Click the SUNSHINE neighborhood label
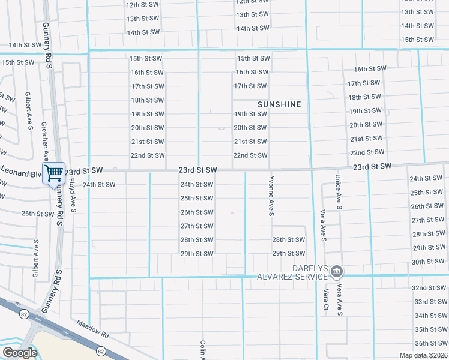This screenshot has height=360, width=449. (279, 104)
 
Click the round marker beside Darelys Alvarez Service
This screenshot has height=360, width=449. (337, 272)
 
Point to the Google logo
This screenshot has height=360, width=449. (20, 353)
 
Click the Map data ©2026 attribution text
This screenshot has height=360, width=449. (423, 355)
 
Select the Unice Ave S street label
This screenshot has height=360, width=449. (339, 192)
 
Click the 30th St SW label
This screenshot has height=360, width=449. (427, 262)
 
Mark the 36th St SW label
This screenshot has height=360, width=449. (430, 343)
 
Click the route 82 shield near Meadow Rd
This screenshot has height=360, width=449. (101, 351)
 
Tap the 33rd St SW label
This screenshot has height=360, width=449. (430, 302)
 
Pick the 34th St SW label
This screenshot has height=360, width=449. (430, 316)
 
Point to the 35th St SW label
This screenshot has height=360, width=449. (430, 329)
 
